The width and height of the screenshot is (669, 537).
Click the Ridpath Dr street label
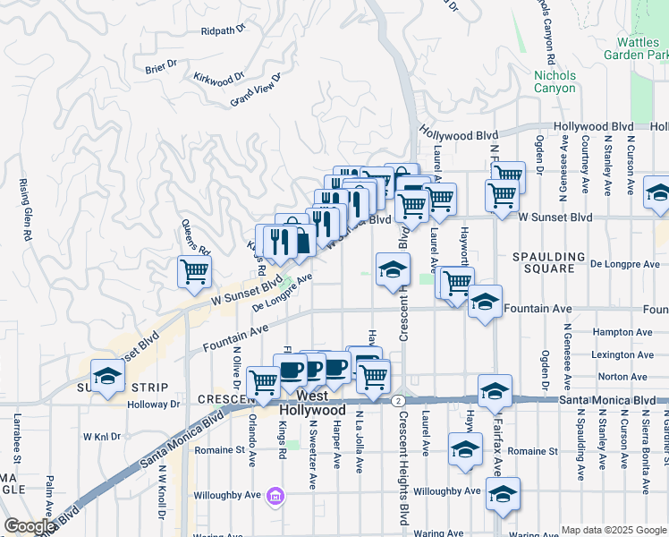coord(223,30)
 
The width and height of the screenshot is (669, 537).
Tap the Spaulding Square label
coord(548,262)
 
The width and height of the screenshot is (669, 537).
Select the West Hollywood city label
coord(311,403)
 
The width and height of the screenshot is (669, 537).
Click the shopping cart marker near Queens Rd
coord(194,271)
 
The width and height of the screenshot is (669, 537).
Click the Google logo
coord(29,527)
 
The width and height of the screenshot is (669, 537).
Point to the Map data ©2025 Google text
coord(614,530)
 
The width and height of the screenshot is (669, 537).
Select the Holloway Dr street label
coord(153,404)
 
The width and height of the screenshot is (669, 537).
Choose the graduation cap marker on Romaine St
coord(465,449)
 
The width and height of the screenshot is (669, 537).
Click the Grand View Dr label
coord(256,89)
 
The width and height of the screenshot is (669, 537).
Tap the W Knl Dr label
coord(101,437)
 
